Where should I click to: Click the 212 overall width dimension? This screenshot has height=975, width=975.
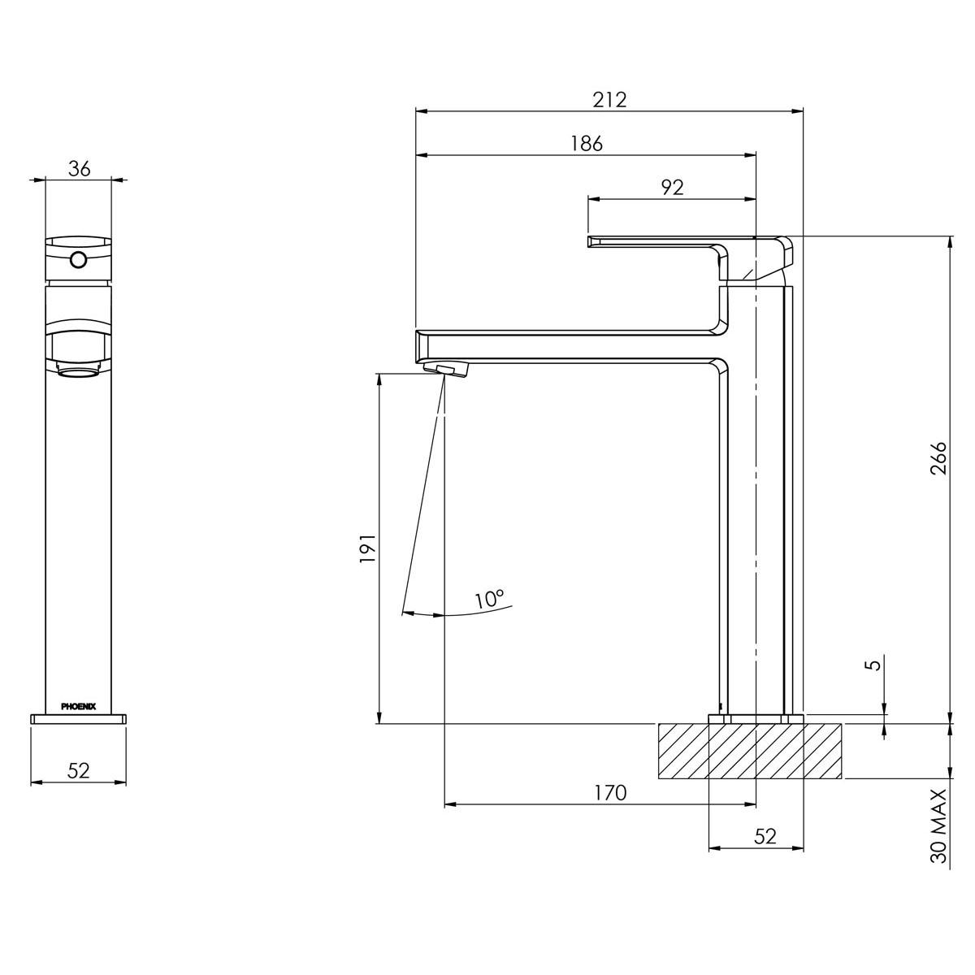coord(609,100)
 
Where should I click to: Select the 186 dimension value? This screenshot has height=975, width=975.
coord(586,144)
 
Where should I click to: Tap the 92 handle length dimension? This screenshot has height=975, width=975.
coord(671,187)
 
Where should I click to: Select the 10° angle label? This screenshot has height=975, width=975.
coord(489,600)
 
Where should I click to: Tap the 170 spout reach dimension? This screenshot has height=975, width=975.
coord(610,792)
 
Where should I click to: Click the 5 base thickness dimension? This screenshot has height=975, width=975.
coord(873,665)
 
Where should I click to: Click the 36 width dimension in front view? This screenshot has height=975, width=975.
coord(79,168)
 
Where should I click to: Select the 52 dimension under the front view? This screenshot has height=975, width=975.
coord(79,770)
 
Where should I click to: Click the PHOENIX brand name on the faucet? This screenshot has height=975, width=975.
coord(79,706)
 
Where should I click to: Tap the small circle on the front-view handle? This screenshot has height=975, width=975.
coord(79,260)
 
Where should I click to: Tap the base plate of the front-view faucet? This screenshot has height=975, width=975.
coord(79,718)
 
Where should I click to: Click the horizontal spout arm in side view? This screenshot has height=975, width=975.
coord(569,344)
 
